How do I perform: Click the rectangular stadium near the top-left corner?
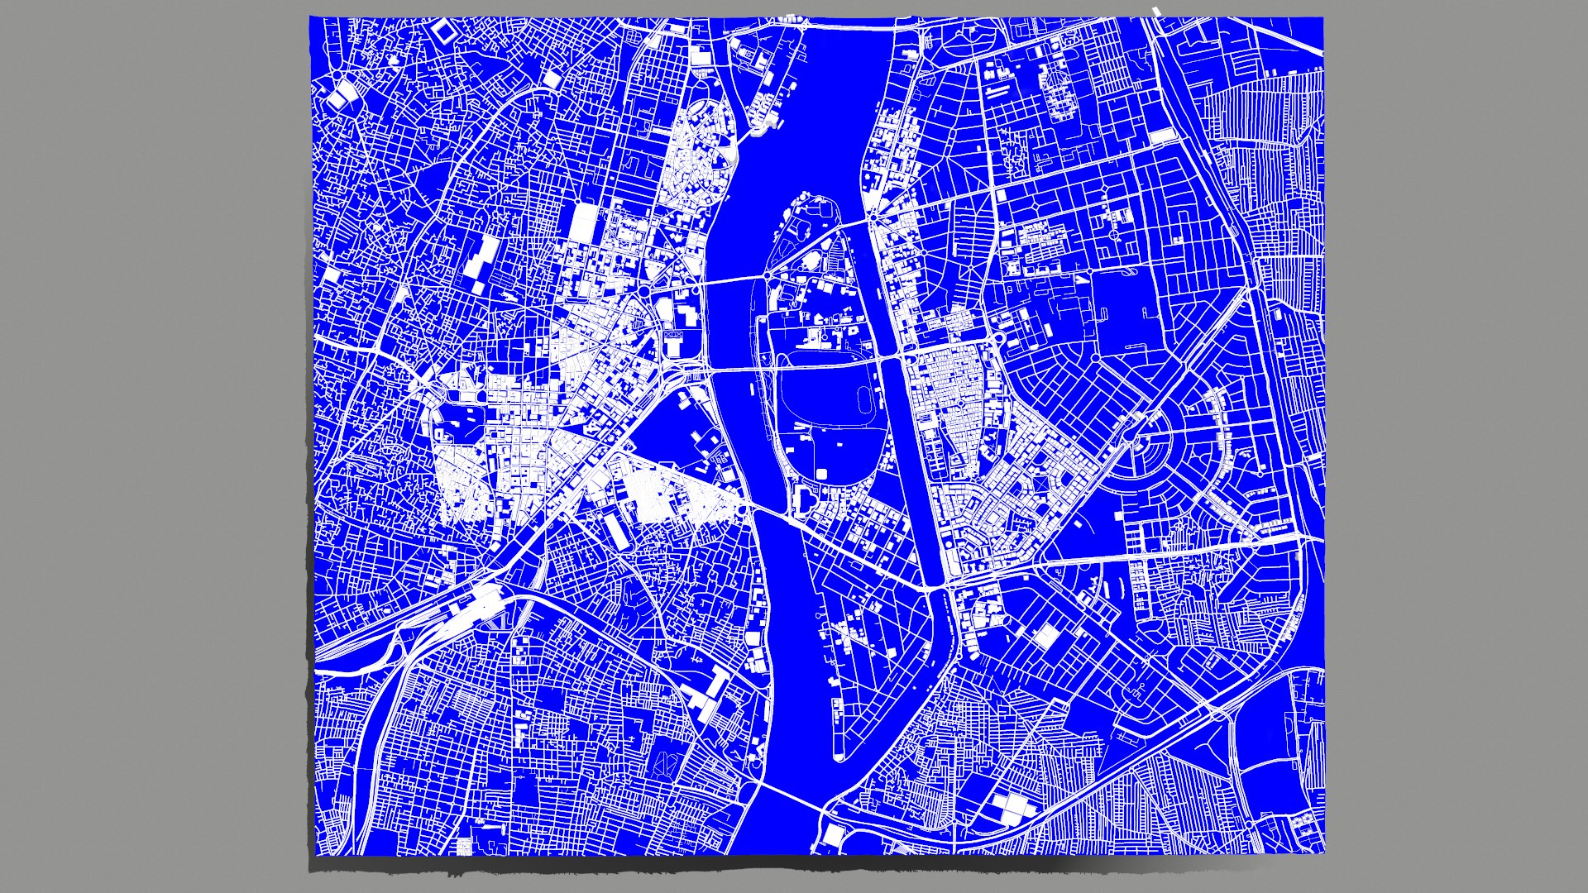click(444, 31)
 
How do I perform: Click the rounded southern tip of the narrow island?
click(839, 756)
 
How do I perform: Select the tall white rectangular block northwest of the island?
click(583, 222)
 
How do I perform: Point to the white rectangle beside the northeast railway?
click(1162, 136)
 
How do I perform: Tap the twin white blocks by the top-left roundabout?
click(337, 99)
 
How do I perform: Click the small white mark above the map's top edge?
click(1157, 11)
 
